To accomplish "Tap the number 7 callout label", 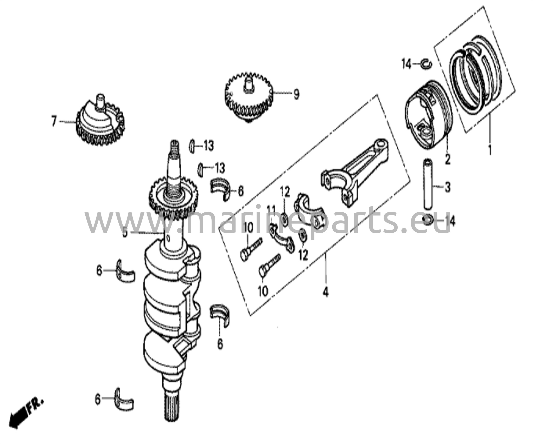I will pyautogui.click(x=54, y=121).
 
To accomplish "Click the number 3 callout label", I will pyautogui.click(x=447, y=187).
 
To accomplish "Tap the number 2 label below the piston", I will pyautogui.click(x=447, y=159).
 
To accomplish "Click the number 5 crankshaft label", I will pyautogui.click(x=125, y=233).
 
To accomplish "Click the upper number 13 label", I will pyautogui.click(x=208, y=146).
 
